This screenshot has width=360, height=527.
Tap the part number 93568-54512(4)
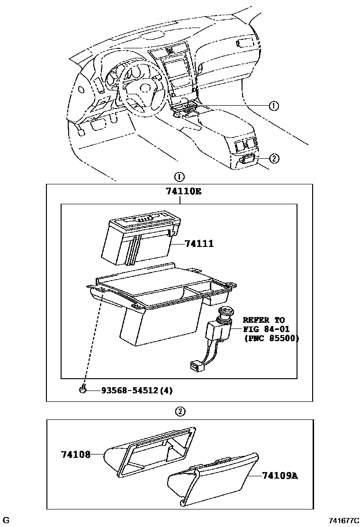[x=136, y=391]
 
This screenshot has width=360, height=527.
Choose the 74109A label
[x=280, y=475]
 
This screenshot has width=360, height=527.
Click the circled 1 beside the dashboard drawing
[x=273, y=106]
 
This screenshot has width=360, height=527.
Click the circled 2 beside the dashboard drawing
[x=274, y=158]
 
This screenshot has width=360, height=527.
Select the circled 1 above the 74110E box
[x=179, y=177]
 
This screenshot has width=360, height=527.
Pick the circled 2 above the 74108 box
[x=180, y=411]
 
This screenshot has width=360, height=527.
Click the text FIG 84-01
[x=266, y=329]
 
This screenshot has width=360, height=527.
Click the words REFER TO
[x=264, y=320]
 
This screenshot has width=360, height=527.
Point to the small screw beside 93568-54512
[x=83, y=390]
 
